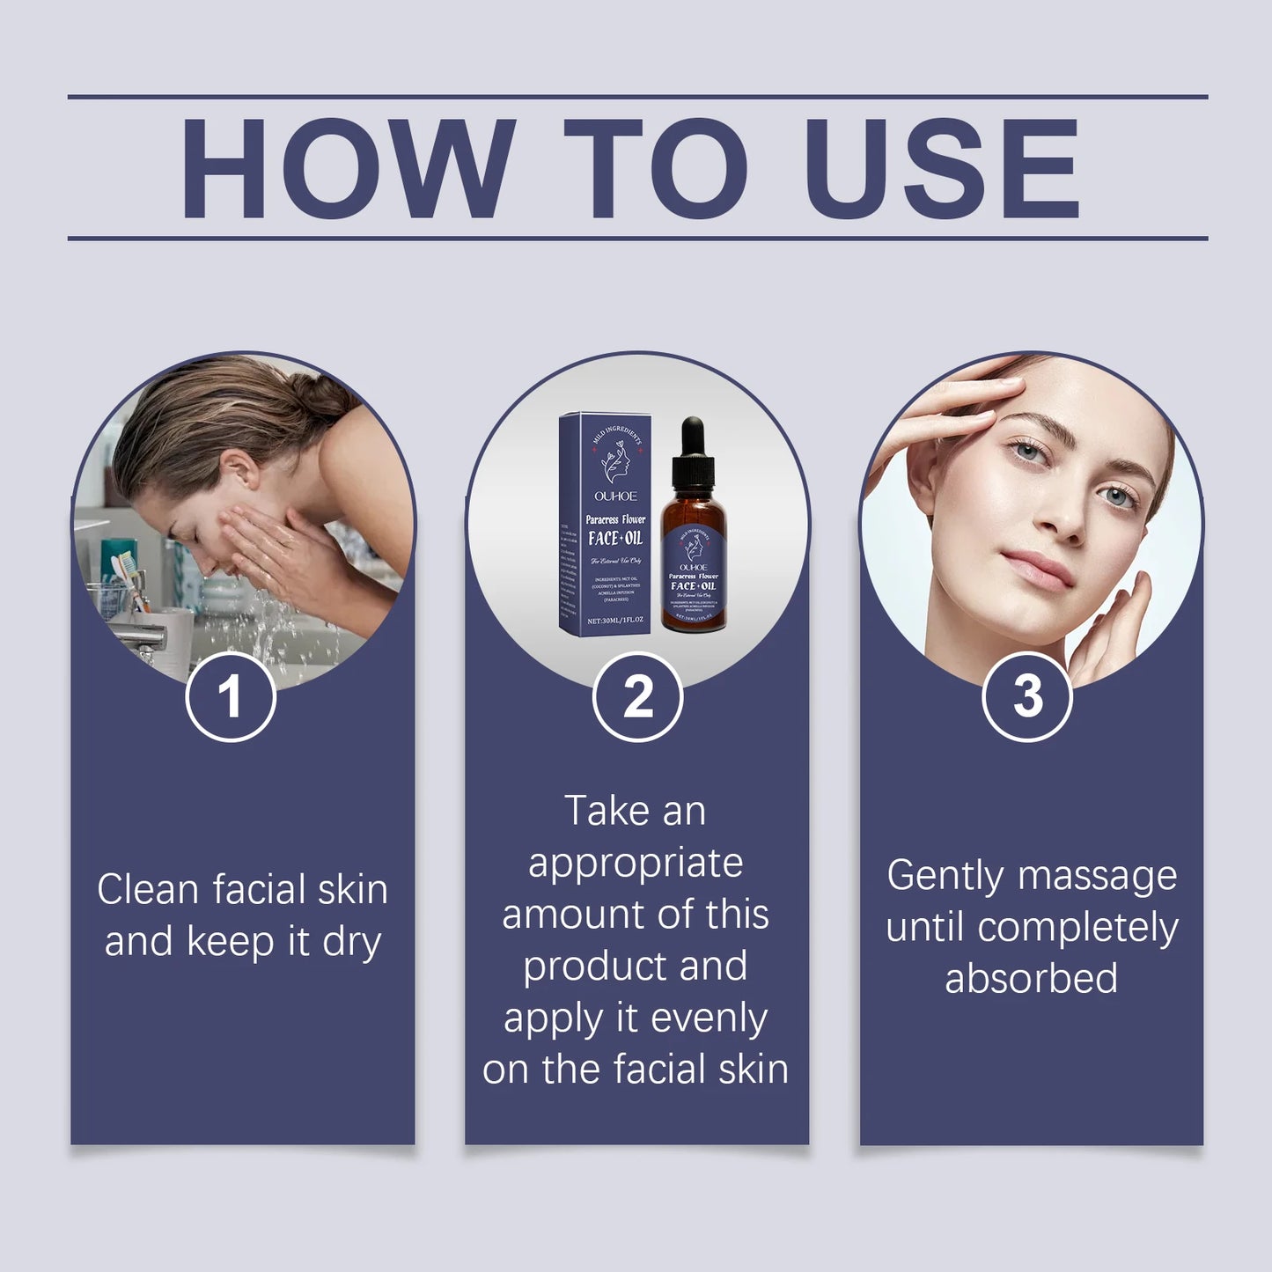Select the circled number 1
231,696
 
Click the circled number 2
638,696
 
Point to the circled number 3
1027,696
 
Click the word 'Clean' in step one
148,889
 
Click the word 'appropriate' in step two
636,864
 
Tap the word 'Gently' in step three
945,876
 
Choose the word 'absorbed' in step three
1031,978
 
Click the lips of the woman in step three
1044,563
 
